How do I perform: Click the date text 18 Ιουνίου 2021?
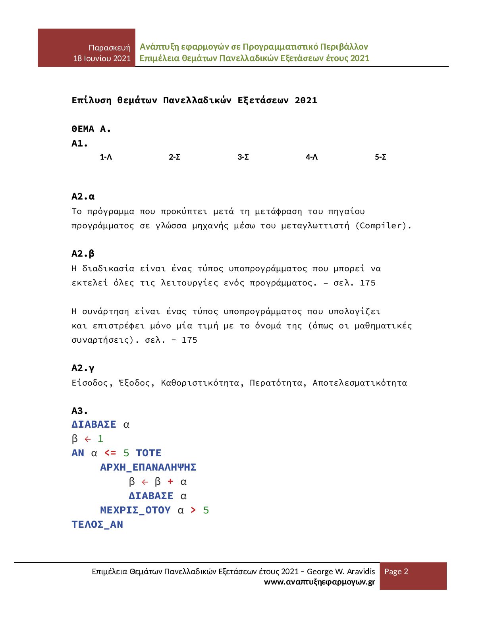pyautogui.click(x=102, y=58)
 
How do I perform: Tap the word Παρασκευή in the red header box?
pyautogui.click(x=110, y=48)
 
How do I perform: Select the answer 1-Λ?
pyautogui.click(x=106, y=157)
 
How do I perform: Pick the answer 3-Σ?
pyautogui.click(x=243, y=157)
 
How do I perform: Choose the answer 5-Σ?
pyautogui.click(x=380, y=157)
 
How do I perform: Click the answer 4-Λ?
pyautogui.click(x=312, y=157)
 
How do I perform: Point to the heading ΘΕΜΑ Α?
pyautogui.click(x=91, y=129)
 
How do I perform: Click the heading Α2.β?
pyautogui.click(x=83, y=254)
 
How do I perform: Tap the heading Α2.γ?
pyautogui.click(x=83, y=368)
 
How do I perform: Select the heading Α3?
pyautogui.click(x=80, y=411)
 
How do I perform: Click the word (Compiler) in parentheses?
pyautogui.click(x=383, y=226)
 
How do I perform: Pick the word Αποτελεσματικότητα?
pyautogui.click(x=360, y=383)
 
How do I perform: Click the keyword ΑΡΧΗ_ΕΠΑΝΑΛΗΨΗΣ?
pyautogui.click(x=148, y=467)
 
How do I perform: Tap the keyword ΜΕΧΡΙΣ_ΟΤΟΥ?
pyautogui.click(x=135, y=510)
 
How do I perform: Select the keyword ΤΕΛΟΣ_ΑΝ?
pyautogui.click(x=97, y=525)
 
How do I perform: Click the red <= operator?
pyautogui.click(x=110, y=453)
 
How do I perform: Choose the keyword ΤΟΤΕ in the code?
pyautogui.click(x=148, y=453)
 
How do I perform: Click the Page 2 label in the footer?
pyautogui.click(x=396, y=571)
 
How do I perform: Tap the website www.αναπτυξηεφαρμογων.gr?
pyautogui.click(x=319, y=582)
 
